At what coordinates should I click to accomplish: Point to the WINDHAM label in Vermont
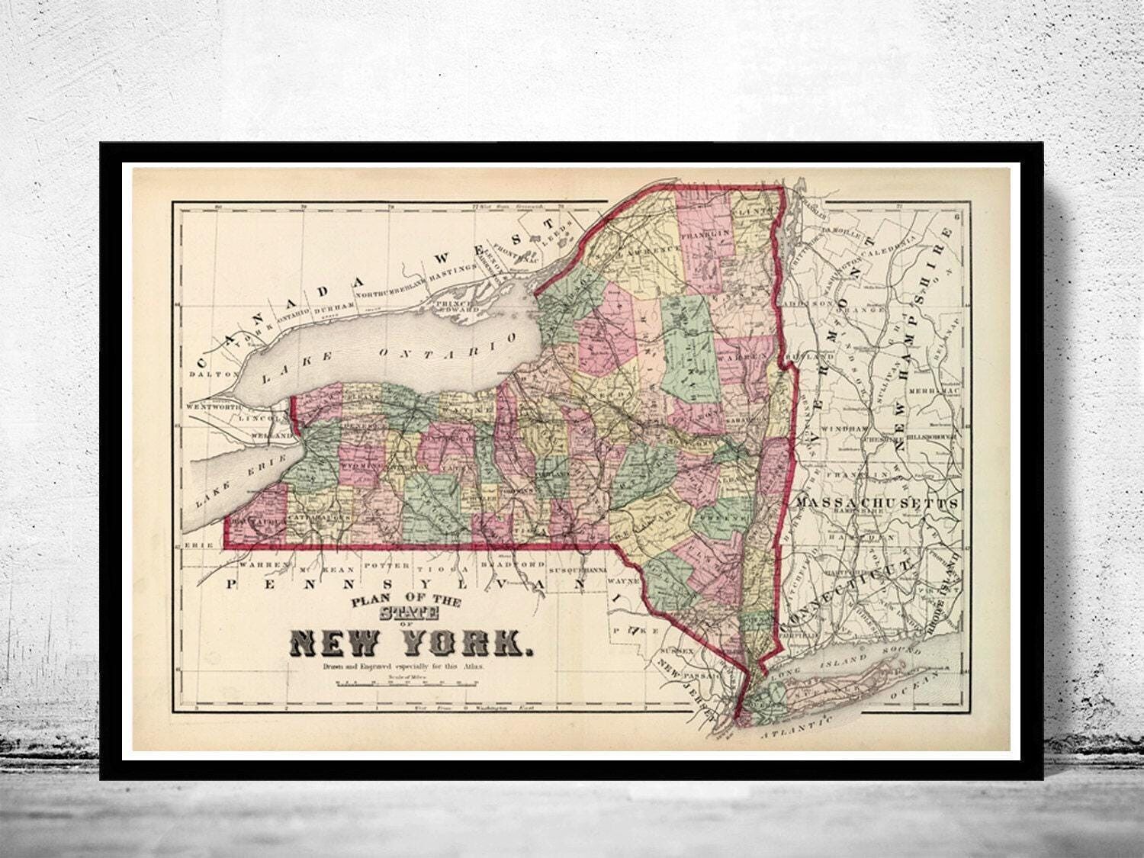tap(845, 429)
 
